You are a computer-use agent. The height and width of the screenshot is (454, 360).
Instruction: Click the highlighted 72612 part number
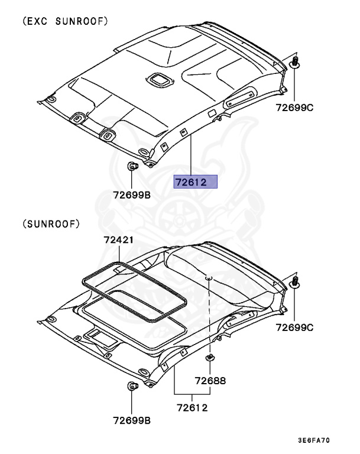195,182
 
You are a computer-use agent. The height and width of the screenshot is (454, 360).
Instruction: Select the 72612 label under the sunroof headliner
192,407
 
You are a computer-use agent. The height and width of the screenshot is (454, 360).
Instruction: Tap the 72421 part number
118,240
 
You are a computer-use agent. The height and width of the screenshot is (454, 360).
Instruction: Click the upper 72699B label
133,194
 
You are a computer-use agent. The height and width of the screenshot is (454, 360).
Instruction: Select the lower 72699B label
132,420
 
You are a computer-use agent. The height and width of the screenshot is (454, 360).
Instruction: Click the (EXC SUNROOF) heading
65,22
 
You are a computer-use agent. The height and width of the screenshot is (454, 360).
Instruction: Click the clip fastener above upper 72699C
296,63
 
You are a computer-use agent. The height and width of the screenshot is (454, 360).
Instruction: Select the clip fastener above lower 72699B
131,387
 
